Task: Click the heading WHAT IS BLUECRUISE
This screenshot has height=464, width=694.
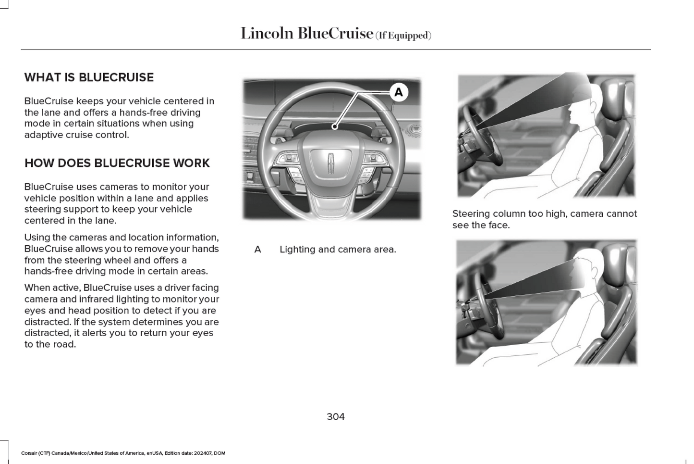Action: click(89, 77)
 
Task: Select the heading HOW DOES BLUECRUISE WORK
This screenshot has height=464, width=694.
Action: click(117, 163)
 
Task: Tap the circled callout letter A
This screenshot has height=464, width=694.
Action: click(398, 92)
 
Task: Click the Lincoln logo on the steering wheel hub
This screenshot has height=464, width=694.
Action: click(331, 163)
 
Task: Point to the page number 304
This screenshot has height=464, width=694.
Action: click(336, 416)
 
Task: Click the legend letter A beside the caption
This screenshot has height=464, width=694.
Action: click(257, 249)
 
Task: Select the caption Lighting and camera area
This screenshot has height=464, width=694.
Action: click(338, 249)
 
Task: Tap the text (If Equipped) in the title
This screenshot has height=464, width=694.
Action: click(403, 36)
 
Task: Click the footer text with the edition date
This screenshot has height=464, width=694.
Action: click(123, 453)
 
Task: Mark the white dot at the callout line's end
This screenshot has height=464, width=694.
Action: click(335, 126)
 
